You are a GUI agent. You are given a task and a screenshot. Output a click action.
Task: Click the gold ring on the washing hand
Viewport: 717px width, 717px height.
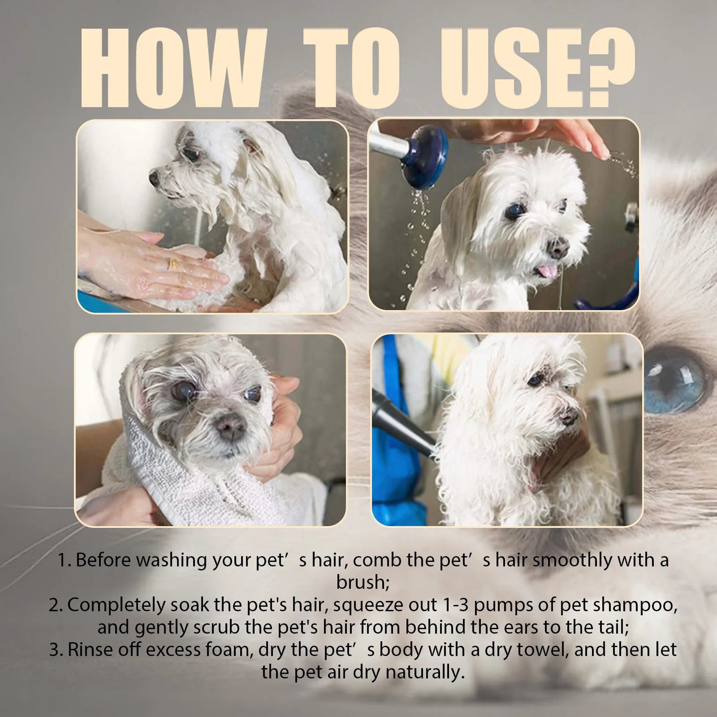coord(173,263)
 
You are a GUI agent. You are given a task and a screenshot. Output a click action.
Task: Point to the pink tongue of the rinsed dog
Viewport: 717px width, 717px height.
coord(547,271)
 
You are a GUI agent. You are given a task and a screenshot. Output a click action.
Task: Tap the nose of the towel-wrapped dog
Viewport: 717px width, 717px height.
coord(231,427)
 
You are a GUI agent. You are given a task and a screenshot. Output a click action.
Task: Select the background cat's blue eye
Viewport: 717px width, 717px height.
coord(674,380)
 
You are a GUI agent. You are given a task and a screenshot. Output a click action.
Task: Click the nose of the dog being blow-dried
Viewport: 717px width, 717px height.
coord(569,416)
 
